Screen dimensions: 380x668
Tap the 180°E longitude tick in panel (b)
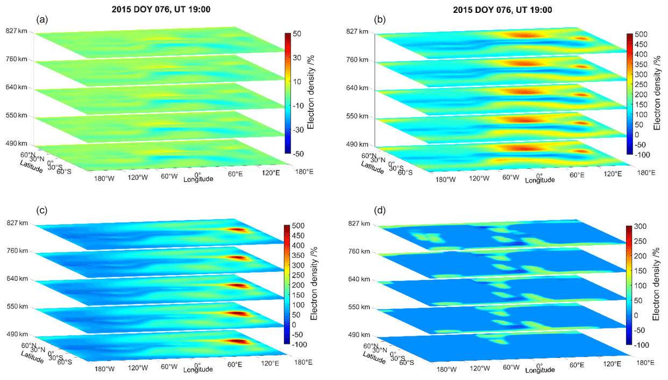pos(645,173)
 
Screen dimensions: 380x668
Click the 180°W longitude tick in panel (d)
pos(446,370)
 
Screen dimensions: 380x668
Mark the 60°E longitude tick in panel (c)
pos(234,364)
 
